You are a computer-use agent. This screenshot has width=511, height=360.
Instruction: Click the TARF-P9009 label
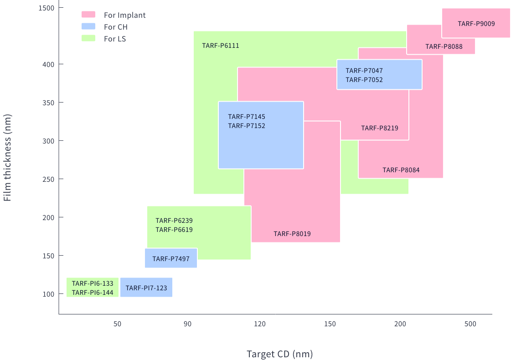[476, 24]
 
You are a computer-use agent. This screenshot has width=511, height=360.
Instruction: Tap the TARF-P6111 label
[221, 46]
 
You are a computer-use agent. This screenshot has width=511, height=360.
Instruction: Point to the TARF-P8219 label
[379, 128]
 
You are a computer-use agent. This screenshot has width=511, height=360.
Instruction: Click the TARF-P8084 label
[401, 170]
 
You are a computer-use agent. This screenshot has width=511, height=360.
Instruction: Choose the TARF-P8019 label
[292, 234]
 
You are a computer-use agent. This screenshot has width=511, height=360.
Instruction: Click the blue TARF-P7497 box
[171, 258]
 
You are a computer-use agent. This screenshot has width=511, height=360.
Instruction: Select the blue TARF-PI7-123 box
[146, 288]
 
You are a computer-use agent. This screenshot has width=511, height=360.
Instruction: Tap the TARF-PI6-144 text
[93, 293]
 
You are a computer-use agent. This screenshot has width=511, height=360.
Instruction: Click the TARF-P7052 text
[364, 80]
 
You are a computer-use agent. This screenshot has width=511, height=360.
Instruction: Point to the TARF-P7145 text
[246, 117]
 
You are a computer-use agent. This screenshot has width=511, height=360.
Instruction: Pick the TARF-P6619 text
[174, 230]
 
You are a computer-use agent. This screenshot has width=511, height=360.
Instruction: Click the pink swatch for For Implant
[88, 15]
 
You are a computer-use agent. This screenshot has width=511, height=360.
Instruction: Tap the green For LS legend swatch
[88, 39]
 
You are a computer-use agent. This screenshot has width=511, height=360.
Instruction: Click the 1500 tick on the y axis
[46, 8]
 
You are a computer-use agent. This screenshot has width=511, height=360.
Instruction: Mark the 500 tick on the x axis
[470, 324]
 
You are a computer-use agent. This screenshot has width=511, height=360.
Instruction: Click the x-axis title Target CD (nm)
[279, 354]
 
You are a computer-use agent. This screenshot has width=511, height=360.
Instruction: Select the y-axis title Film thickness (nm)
[7, 157]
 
